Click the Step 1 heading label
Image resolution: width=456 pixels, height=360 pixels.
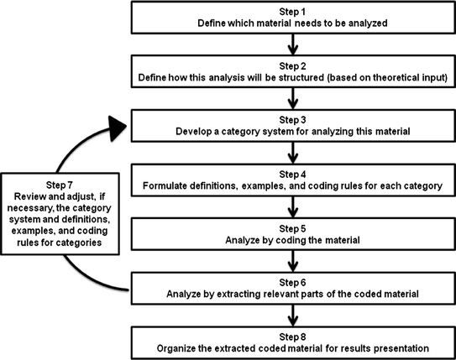coord(291,8)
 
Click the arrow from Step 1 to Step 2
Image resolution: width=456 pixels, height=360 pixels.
coord(291,41)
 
